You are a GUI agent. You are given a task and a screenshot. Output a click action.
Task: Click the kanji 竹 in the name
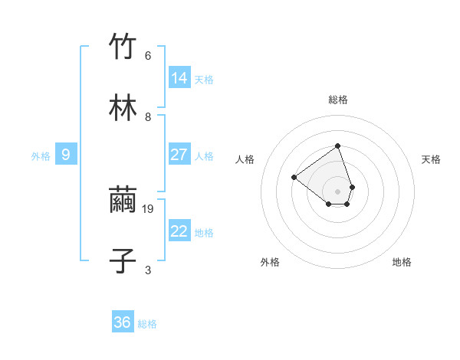point(123,47)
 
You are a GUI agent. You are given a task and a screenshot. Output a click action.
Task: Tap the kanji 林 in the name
point(123,107)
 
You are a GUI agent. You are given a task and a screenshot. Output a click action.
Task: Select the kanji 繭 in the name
point(123,201)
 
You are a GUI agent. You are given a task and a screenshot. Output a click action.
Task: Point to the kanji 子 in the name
point(123,260)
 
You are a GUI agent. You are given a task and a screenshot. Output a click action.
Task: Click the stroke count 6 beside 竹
point(148,56)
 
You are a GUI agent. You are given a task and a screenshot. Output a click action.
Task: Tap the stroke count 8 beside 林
point(148,116)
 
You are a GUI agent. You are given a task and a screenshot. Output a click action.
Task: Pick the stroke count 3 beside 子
point(148,270)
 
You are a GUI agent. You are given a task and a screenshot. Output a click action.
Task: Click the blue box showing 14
point(179,77)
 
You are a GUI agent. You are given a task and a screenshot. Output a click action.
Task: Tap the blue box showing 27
point(179,155)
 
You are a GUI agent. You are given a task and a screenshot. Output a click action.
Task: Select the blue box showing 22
point(179,231)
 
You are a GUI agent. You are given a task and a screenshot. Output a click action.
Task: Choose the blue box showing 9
point(66,155)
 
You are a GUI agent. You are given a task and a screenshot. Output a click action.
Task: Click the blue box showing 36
point(123,322)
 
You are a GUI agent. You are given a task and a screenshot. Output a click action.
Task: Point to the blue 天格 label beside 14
point(204,79)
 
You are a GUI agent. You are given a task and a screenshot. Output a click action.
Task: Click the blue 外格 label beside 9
point(41,156)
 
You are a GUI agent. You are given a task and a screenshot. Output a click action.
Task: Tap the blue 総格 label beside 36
point(147,324)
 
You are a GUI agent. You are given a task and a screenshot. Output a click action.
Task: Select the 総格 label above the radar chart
point(338,100)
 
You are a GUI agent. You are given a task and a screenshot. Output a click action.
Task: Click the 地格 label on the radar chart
point(402,262)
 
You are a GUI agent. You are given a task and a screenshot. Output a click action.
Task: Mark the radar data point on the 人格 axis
point(294,178)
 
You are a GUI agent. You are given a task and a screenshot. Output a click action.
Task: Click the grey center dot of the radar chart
point(337,191)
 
